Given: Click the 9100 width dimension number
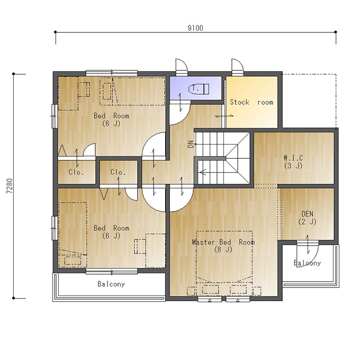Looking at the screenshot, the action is (195, 28).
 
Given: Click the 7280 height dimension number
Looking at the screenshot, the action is (10, 186).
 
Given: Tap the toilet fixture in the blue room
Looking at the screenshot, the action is (199, 89).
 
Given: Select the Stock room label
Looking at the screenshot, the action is (251, 102).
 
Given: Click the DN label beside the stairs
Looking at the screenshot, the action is (191, 144).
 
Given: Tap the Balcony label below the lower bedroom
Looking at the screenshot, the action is (111, 284).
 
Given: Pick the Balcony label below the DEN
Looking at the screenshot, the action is (307, 263).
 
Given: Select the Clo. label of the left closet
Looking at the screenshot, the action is (76, 172).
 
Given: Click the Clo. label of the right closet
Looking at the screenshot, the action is (118, 172).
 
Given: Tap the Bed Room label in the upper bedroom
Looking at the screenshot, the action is (111, 116).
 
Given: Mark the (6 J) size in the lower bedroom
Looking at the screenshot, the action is (111, 236).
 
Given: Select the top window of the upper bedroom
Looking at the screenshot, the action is (112, 73).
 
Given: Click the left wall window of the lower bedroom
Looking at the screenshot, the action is (54, 228).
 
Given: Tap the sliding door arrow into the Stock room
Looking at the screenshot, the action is (224, 116).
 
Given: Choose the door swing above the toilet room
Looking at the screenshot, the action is (182, 66).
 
